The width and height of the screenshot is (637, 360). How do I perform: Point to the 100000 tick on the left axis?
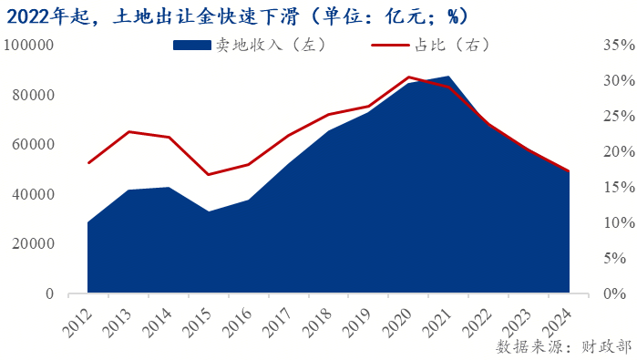click(29, 46)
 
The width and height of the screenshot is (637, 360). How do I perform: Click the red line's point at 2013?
click(128, 132)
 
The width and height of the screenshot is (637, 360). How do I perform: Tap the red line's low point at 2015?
click(209, 175)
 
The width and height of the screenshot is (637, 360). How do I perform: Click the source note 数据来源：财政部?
click(562, 347)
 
